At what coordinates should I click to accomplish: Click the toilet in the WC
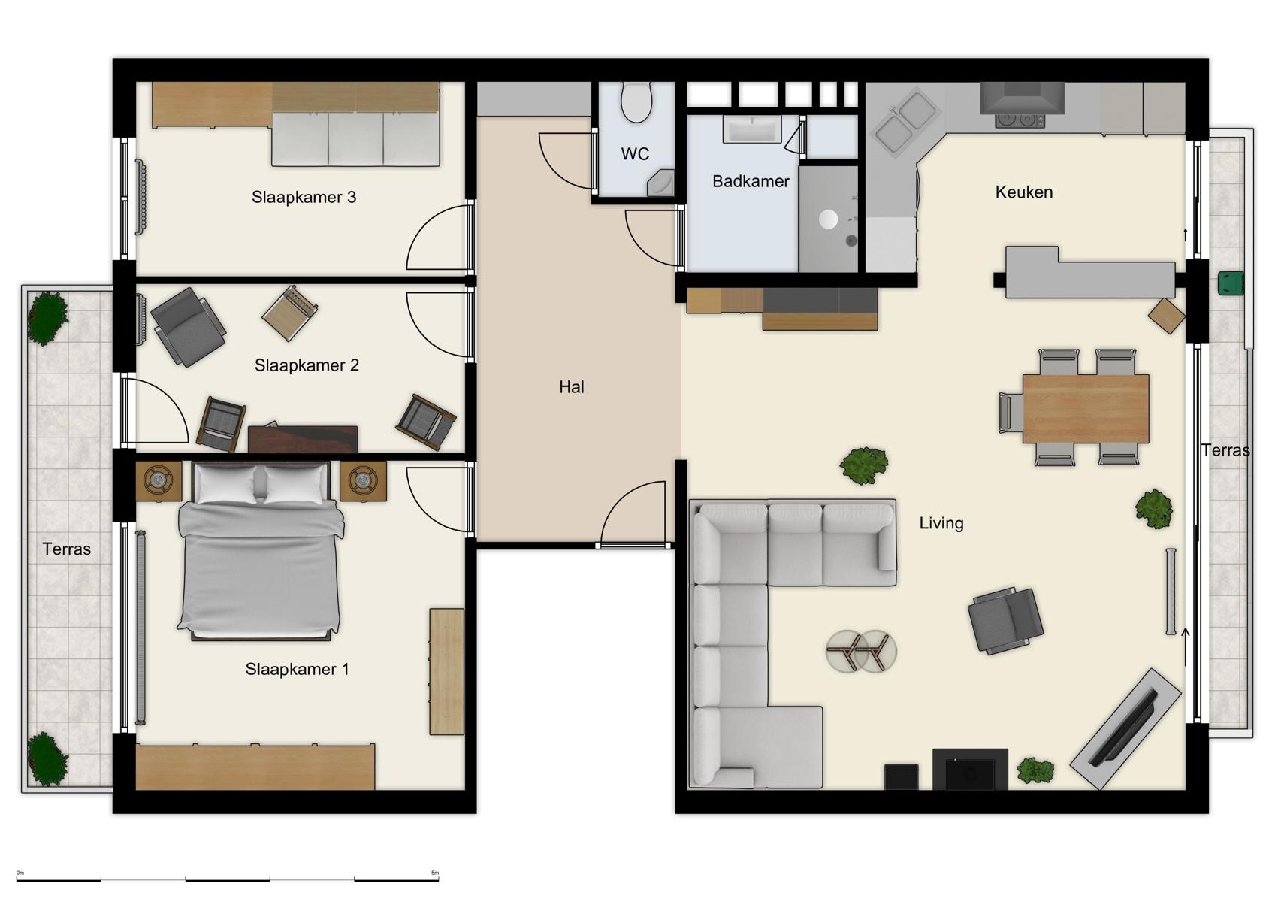pos(637,102)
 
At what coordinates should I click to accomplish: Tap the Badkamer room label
pos(750,181)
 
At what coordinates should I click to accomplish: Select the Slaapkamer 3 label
pos(304,197)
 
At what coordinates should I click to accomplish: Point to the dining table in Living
pos(1085,408)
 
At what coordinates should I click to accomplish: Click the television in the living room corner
pos(1125,728)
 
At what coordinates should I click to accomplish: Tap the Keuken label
pos(1023,192)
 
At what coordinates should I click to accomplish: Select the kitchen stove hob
pos(1020,120)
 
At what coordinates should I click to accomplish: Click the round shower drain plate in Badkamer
pos(828,219)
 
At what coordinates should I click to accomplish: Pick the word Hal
pos(571,387)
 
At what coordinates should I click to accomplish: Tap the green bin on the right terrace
pos(1231,283)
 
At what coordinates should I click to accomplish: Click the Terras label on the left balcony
pos(66,549)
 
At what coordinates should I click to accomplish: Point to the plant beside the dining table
pos(1153,509)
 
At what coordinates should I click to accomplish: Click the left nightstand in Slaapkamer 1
pos(158,480)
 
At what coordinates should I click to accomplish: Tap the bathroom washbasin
pos(752,129)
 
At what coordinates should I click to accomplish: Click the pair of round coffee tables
pos(861,651)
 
